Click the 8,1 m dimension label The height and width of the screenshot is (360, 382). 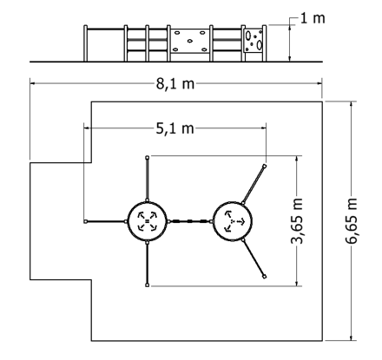[175, 84]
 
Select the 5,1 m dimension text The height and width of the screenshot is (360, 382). [175, 128]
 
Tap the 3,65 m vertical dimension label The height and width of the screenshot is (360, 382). [297, 221]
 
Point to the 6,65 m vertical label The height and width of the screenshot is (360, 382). [352, 221]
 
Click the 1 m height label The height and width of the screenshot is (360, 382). [313, 18]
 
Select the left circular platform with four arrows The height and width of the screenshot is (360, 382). [147, 221]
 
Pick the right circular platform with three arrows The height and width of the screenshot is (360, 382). [233, 221]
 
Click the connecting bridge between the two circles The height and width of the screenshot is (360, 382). [190, 221]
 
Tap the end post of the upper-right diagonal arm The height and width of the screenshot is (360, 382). [264, 166]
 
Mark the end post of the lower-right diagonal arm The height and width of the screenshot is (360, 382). [264, 277]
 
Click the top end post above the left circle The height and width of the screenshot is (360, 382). [147, 157]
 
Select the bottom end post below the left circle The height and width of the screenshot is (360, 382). [147, 285]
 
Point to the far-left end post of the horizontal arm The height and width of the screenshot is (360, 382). [85, 221]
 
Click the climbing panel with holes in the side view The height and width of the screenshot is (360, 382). [254, 41]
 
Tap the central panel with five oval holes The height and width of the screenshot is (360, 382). [190, 41]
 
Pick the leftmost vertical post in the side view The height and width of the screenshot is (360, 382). [85, 43]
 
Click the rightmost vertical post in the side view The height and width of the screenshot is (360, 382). [265, 43]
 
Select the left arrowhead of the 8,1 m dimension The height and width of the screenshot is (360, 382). [33, 83]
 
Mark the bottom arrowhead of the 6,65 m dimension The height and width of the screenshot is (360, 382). [352, 338]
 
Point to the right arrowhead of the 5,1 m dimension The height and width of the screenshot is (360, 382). [263, 128]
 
